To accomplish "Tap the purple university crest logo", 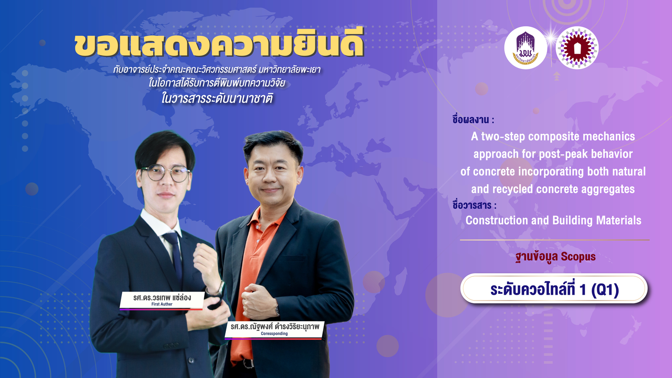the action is click(x=526, y=48).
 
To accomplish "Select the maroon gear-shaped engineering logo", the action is click(x=577, y=48).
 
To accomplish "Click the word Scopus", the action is click(x=578, y=257).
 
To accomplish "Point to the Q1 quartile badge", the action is click(x=554, y=288).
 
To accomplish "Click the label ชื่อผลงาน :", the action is click(x=473, y=120).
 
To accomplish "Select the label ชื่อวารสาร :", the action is click(x=474, y=205).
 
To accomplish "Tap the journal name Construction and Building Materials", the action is click(x=553, y=220).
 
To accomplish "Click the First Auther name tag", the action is click(x=162, y=301).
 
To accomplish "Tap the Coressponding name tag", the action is click(x=275, y=330).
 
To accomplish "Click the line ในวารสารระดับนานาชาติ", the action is click(x=217, y=99).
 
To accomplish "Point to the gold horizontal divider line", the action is click(x=555, y=240).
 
